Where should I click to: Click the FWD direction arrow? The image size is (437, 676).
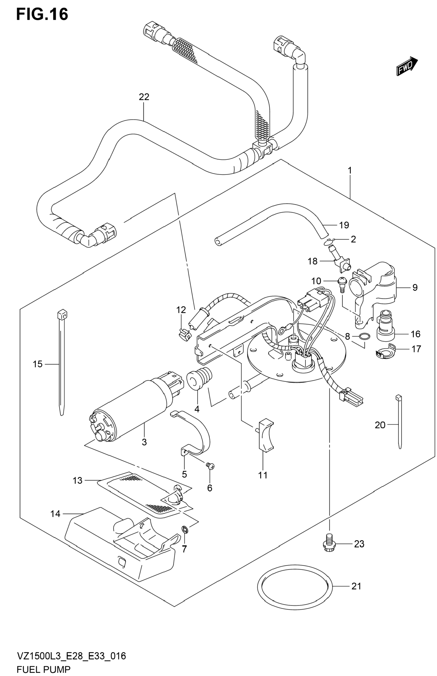(407, 66)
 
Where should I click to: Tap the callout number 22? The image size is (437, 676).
(144, 97)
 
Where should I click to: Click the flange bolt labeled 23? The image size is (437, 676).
(330, 543)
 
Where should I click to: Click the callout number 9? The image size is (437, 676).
(415, 288)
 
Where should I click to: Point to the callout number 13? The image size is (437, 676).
(78, 480)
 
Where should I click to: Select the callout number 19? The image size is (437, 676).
(344, 225)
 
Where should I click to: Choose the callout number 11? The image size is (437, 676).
(263, 475)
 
